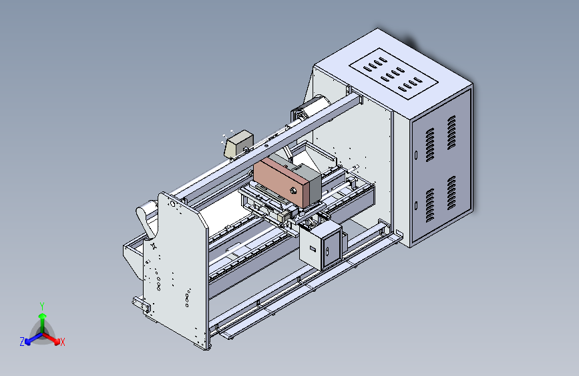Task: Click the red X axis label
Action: click(63, 342)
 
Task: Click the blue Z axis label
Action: click(21, 341)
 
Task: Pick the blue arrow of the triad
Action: click(31, 338)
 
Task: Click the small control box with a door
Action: click(321, 246)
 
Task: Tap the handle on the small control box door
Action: click(328, 252)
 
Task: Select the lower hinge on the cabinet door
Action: click(415, 205)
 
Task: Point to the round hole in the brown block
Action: click(294, 189)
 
